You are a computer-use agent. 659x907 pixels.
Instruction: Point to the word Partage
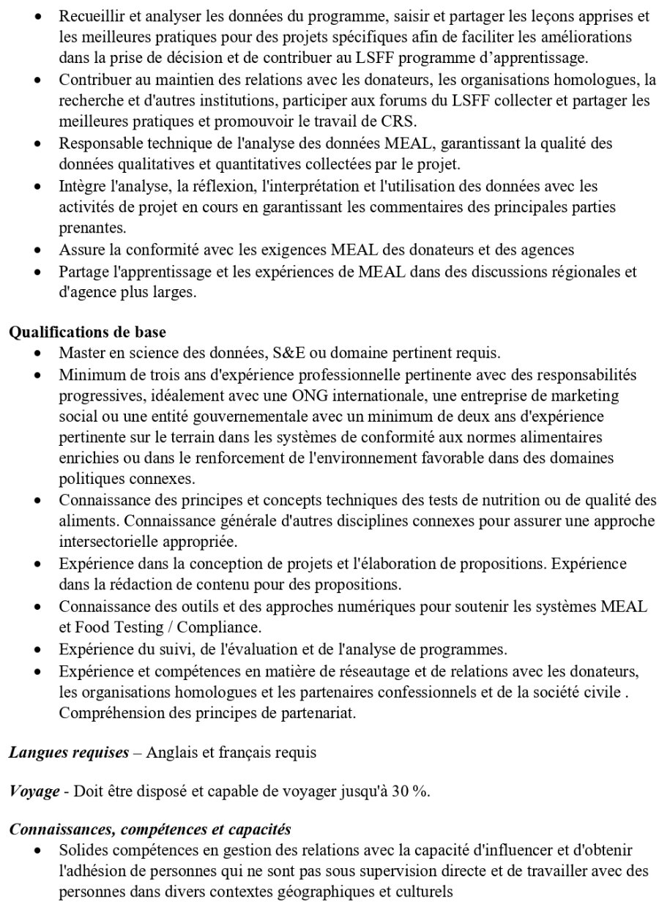tap(84, 271)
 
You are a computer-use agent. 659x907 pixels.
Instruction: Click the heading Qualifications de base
tap(87, 332)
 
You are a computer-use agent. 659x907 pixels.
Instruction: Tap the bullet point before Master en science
tap(38, 354)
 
